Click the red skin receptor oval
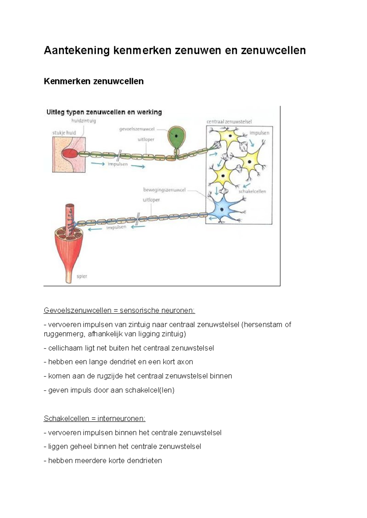(70, 154)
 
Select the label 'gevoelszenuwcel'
(137, 129)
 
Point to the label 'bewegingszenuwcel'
(165, 190)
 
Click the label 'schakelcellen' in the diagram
(252, 192)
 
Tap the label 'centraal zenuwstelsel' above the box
(229, 122)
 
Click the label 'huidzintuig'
(83, 121)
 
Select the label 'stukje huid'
(64, 133)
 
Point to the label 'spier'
(82, 276)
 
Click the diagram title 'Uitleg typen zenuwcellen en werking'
(104, 112)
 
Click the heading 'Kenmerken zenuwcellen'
(94, 82)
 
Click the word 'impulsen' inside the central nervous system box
(259, 133)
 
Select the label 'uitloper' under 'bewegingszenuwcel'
(151, 200)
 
